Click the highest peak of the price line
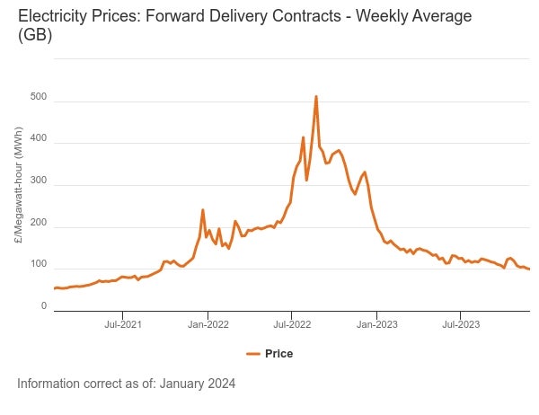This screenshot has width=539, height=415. pos(316,96)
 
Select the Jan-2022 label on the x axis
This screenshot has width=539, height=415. pos(206,323)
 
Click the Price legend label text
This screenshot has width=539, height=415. pos(278,354)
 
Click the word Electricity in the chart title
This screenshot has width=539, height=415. pos(53,17)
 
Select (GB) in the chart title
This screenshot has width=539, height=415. pos(34,37)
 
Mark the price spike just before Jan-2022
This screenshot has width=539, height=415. pos(203,210)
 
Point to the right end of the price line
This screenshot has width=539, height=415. pos(529,269)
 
